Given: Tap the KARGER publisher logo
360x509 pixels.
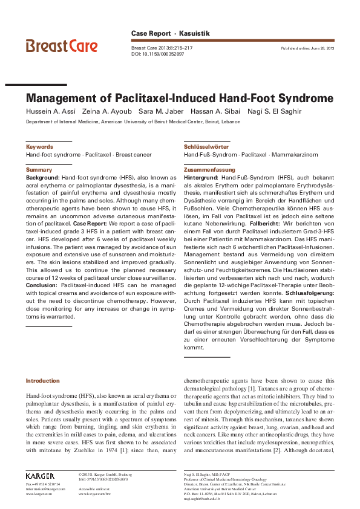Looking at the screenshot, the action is tap(40, 475).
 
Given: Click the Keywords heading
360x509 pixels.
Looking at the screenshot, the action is tap(39, 147).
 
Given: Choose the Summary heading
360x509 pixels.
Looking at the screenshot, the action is tap(39, 170).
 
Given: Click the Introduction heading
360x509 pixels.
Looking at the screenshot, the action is tap(43, 380).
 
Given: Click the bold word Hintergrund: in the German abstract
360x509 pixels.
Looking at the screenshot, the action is tap(201, 178).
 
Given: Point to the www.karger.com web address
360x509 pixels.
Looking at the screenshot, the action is tap(37, 494).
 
